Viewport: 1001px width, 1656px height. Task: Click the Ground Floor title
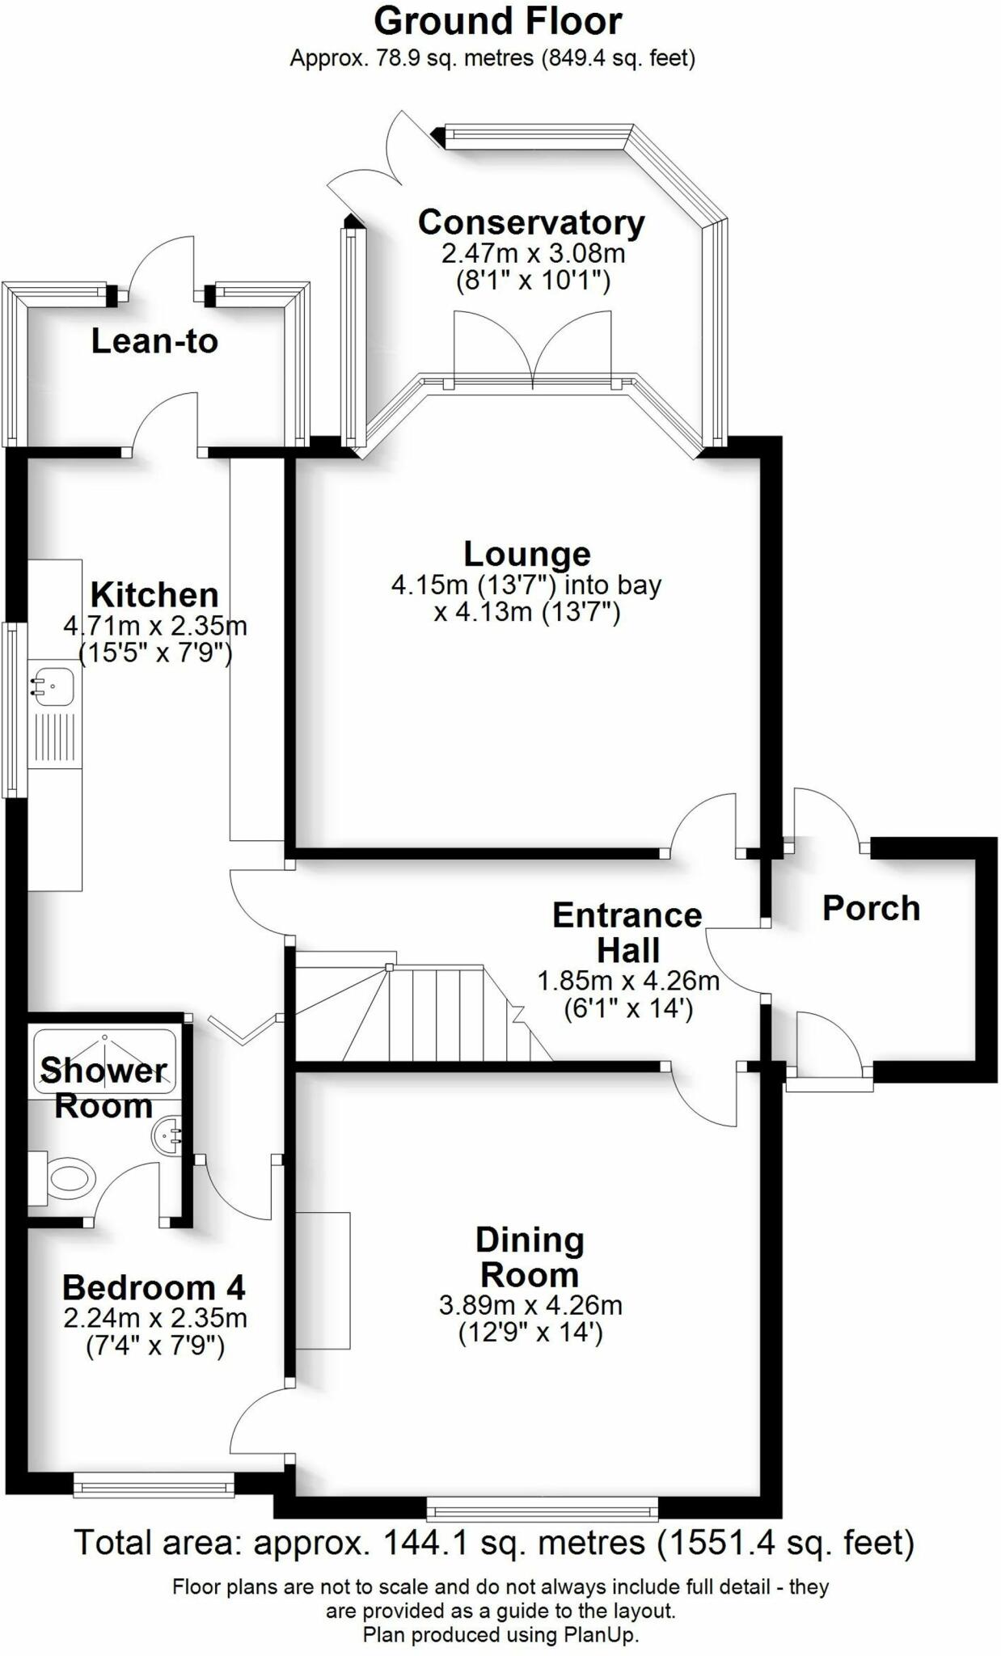498,22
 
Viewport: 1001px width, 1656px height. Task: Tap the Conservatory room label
531,222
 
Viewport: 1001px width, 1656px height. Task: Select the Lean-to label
154,341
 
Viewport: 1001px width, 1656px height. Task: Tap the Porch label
871,908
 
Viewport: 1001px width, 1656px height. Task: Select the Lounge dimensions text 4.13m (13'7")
527,612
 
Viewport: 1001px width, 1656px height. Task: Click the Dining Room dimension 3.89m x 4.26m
530,1305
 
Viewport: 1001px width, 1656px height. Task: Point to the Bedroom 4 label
154,1286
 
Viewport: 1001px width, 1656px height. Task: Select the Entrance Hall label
627,932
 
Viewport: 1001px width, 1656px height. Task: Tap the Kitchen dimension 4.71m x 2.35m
155,626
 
